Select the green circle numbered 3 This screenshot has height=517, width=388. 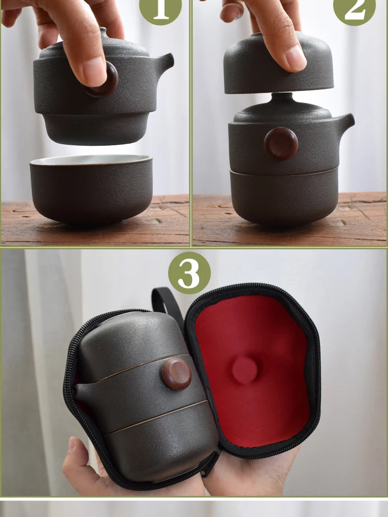click(x=189, y=272)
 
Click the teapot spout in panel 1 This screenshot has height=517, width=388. click(x=165, y=64)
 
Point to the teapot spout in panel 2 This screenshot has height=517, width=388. click(x=346, y=124)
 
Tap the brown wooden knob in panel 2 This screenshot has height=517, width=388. click(x=281, y=143)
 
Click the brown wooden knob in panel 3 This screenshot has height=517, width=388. click(x=176, y=374)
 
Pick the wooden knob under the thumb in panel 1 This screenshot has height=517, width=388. click(x=105, y=80)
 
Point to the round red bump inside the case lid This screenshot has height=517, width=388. click(x=245, y=370)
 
